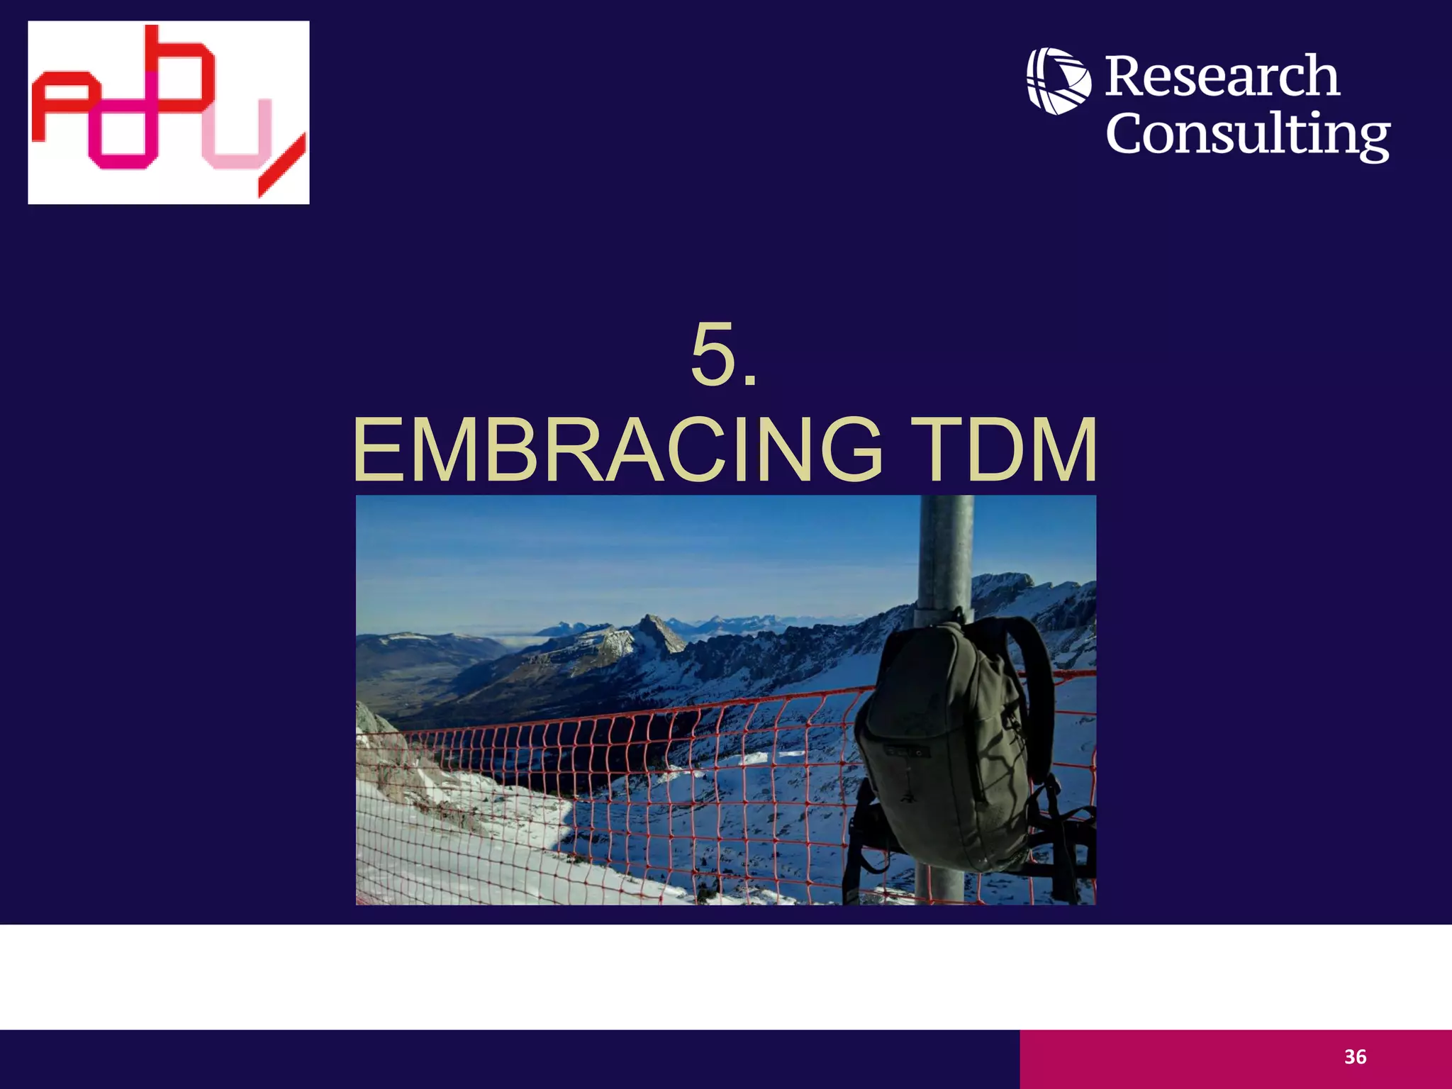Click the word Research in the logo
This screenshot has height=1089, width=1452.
pos(1222,77)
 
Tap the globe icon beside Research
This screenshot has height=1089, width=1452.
pos(1059,80)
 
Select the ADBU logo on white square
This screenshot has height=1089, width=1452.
pos(169,113)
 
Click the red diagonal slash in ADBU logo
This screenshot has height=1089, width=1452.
pos(282,165)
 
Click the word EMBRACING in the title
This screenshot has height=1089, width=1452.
pos(618,451)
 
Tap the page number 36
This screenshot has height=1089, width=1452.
pos(1355,1057)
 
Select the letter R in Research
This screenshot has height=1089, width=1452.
pos(1126,77)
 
